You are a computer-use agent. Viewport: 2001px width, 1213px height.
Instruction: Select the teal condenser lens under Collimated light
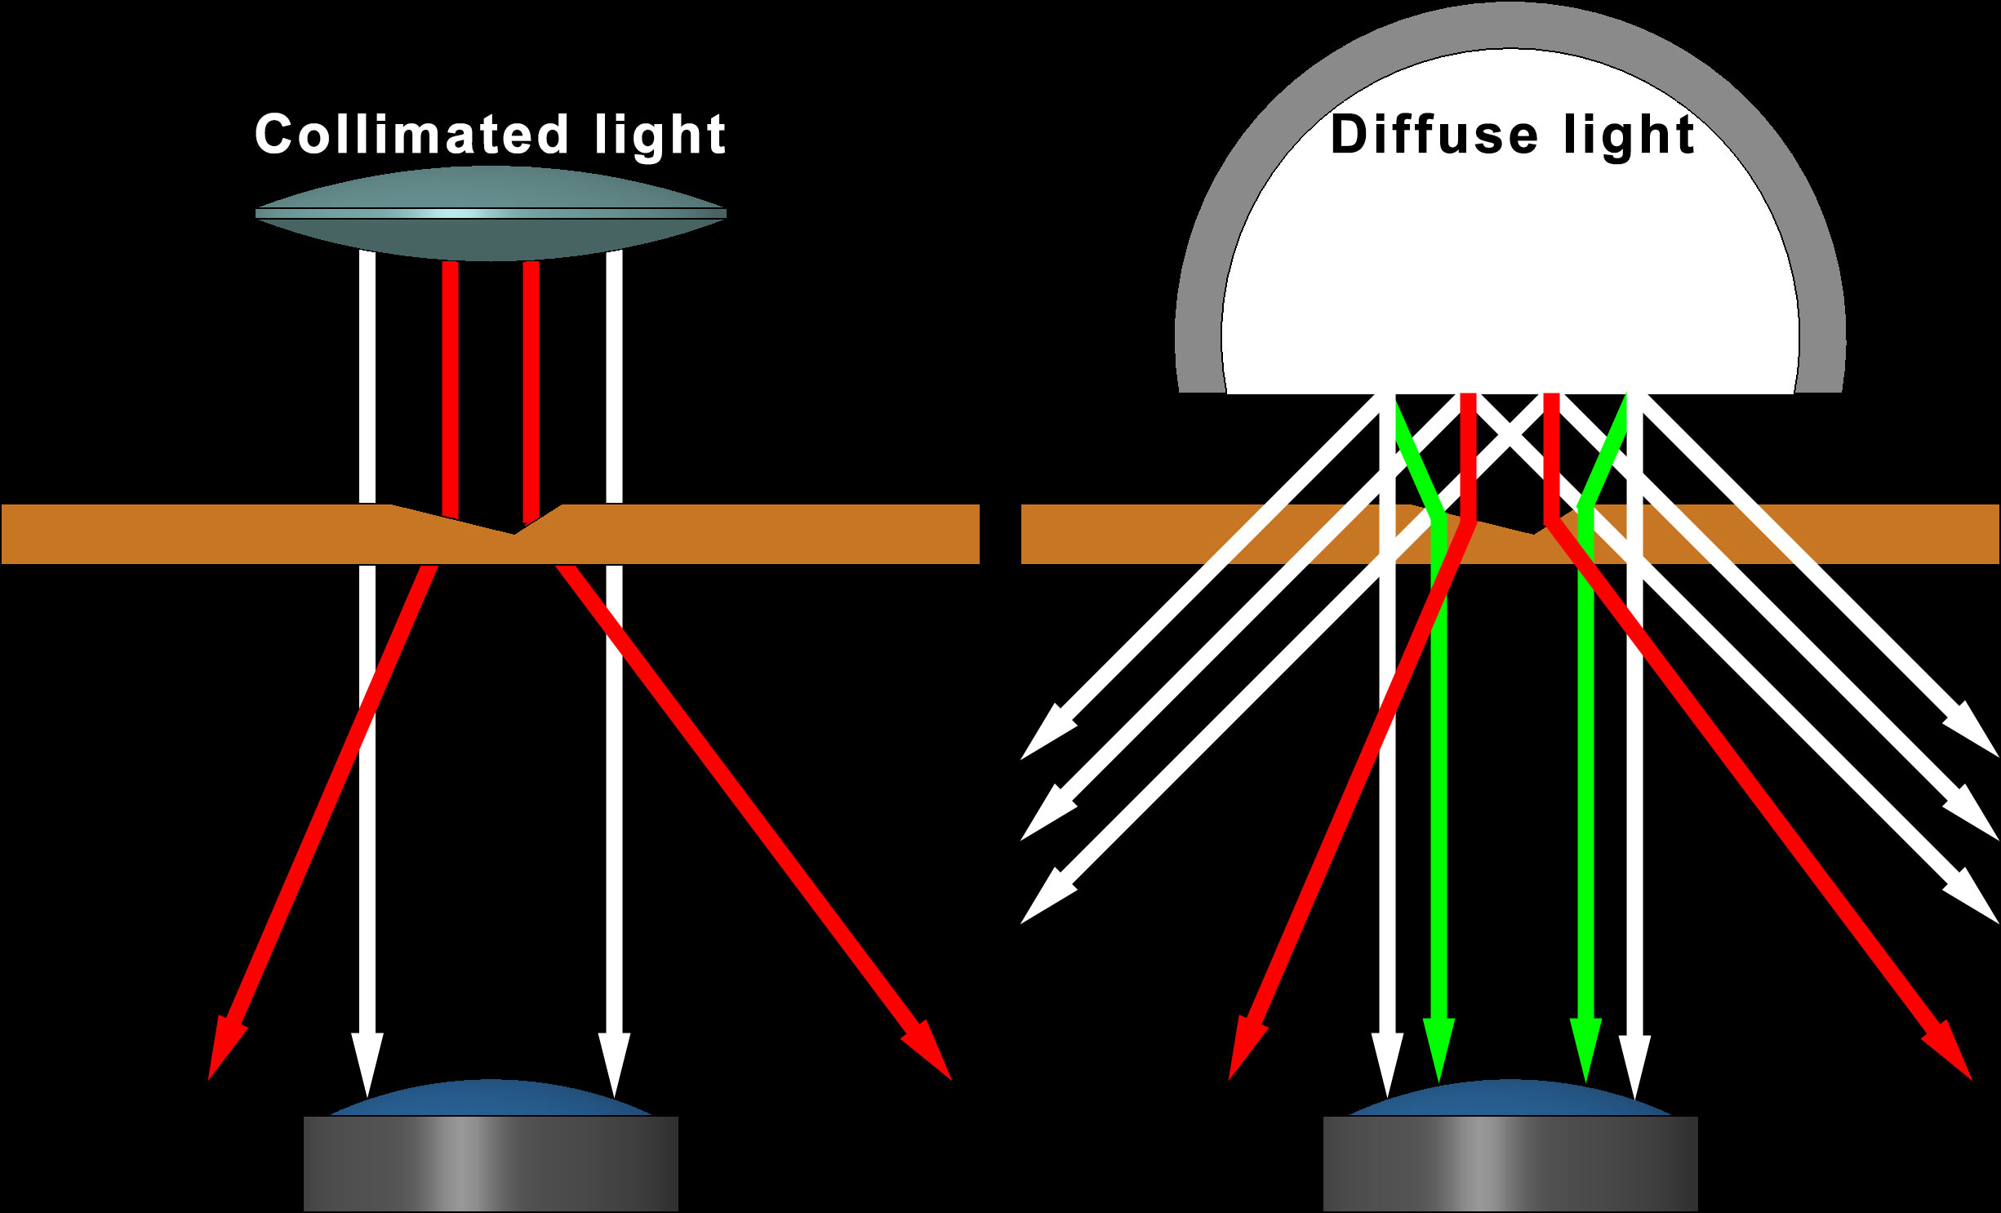491,214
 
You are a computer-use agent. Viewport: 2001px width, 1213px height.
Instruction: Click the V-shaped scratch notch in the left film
514,527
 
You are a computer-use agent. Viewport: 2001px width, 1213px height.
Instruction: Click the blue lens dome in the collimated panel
491,1099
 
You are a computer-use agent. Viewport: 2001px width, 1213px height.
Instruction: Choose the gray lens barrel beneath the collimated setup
491,1163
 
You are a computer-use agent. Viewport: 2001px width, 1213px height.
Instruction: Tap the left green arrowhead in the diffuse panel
1438,1048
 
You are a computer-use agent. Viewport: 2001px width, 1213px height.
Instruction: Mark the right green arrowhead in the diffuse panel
1585,1048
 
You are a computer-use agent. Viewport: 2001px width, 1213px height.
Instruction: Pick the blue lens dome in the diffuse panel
1510,1099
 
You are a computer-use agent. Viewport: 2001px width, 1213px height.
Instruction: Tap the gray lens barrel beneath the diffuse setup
1510,1163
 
